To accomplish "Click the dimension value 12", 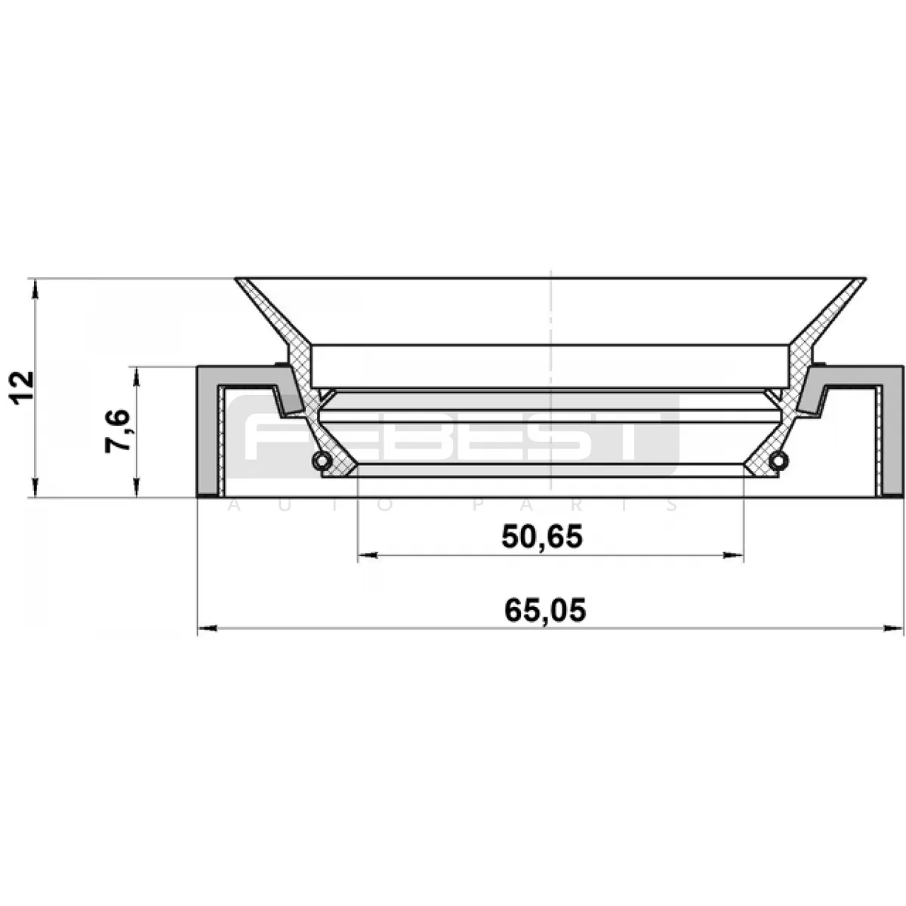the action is tap(23, 388).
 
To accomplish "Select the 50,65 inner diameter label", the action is tap(542, 537).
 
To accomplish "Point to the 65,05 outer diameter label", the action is tap(545, 610).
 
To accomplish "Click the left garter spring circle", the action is tap(321, 461).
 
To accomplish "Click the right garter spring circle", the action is tap(779, 461).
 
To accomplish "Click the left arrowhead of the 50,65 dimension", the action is tap(368, 556).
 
